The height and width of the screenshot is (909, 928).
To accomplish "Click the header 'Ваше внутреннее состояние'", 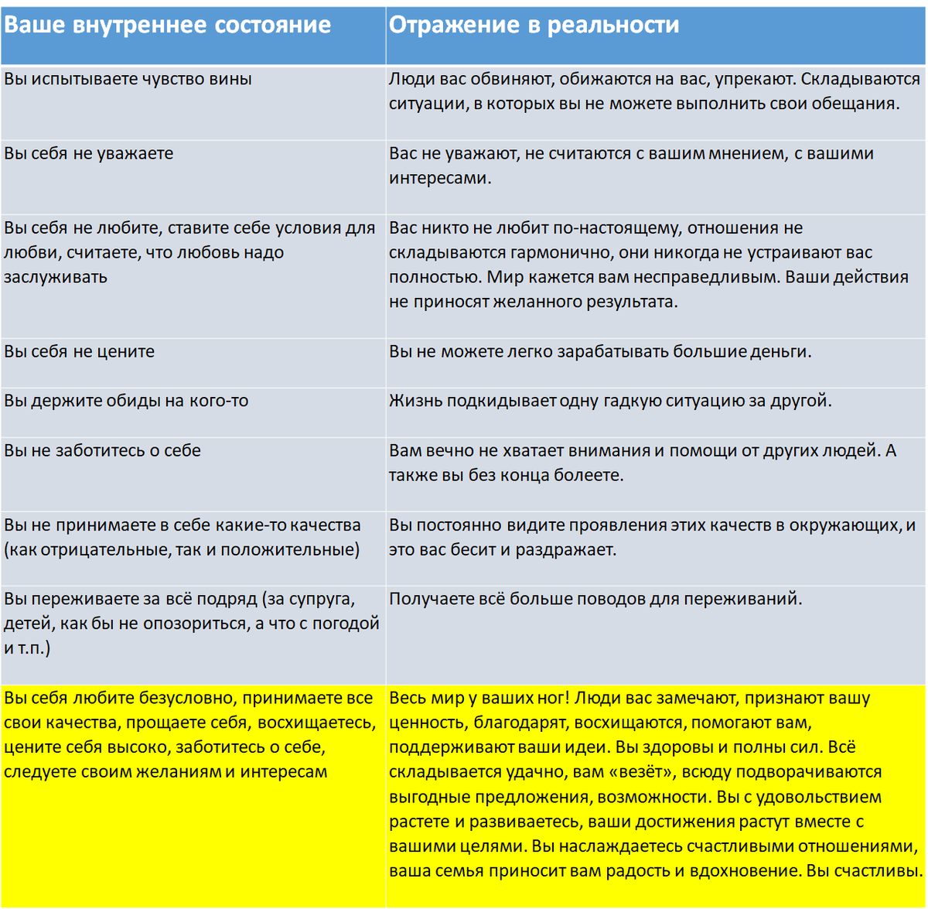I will tap(167, 25).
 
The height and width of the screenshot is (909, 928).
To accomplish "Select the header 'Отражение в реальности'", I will tap(534, 25).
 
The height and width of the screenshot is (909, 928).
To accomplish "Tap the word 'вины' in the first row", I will tap(230, 79).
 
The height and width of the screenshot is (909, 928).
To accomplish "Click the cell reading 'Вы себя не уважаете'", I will tap(89, 153).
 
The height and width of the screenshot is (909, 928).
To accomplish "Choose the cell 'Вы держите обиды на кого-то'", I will tap(126, 401).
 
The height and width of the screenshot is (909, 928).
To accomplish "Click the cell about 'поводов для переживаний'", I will tap(595, 599).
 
